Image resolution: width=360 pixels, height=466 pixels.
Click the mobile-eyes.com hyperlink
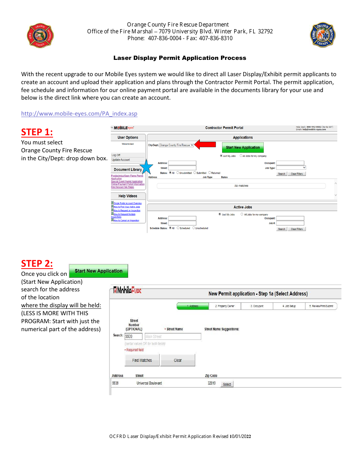pos(79,114)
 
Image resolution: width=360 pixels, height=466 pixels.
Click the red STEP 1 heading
pos(37,132)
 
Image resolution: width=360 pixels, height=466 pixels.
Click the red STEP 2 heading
pos(37,263)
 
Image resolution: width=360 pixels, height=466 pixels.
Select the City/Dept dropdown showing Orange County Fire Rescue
pos(176,145)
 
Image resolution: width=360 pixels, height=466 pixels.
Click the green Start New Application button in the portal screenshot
pos(243,147)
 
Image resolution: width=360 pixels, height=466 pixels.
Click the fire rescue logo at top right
pos(322,35)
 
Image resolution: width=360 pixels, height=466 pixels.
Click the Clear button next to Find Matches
pos(178,360)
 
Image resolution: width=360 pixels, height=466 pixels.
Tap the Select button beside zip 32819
pos(227,384)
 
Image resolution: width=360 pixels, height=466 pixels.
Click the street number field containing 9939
pos(133,336)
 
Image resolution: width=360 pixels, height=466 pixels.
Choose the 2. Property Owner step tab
pos(225,306)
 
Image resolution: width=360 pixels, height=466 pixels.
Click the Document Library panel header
pos(128,169)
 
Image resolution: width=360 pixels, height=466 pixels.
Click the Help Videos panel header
pos(128,196)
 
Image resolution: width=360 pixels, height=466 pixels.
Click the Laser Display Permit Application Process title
pos(180,58)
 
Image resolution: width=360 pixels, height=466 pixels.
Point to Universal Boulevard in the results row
pos(149,383)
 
